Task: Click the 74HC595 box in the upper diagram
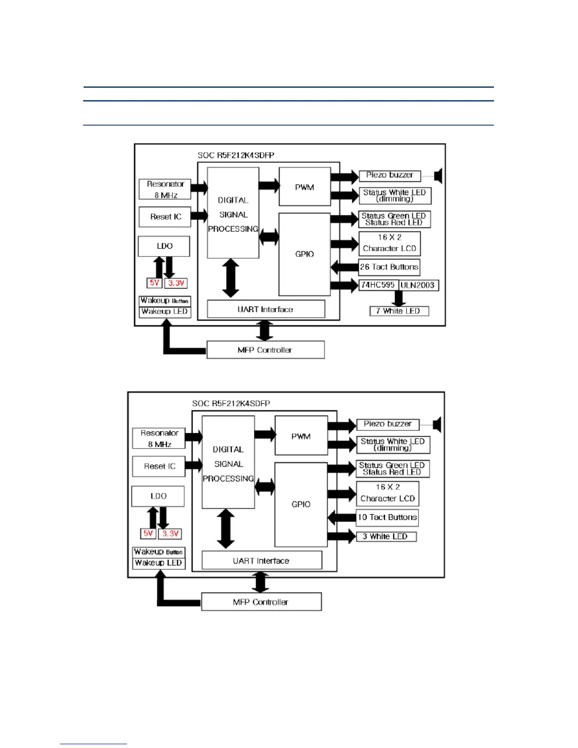pyautogui.click(x=378, y=285)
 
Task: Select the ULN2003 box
pyautogui.click(x=418, y=285)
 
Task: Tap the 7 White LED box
pyautogui.click(x=399, y=311)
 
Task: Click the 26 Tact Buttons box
pyautogui.click(x=389, y=267)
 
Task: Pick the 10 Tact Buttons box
pyautogui.click(x=387, y=518)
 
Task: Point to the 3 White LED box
pyautogui.click(x=386, y=536)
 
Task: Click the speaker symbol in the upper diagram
pyautogui.click(x=438, y=176)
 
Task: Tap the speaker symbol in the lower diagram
pyautogui.click(x=437, y=425)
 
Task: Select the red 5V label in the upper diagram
pyautogui.click(x=154, y=283)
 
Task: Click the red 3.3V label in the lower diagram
pyautogui.click(x=170, y=534)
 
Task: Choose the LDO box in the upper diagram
pyautogui.click(x=164, y=246)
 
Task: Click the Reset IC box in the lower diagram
pyautogui.click(x=159, y=467)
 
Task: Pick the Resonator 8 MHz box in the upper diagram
pyautogui.click(x=165, y=189)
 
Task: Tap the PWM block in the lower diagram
pyautogui.click(x=301, y=436)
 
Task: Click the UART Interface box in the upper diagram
pyautogui.click(x=266, y=309)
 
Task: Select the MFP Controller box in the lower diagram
pyautogui.click(x=261, y=602)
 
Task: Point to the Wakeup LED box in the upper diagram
pyautogui.click(x=165, y=312)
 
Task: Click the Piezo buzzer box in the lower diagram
pyautogui.click(x=387, y=424)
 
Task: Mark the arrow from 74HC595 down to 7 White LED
pyautogui.click(x=399, y=298)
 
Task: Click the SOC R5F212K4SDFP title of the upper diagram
pyautogui.click(x=236, y=155)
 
